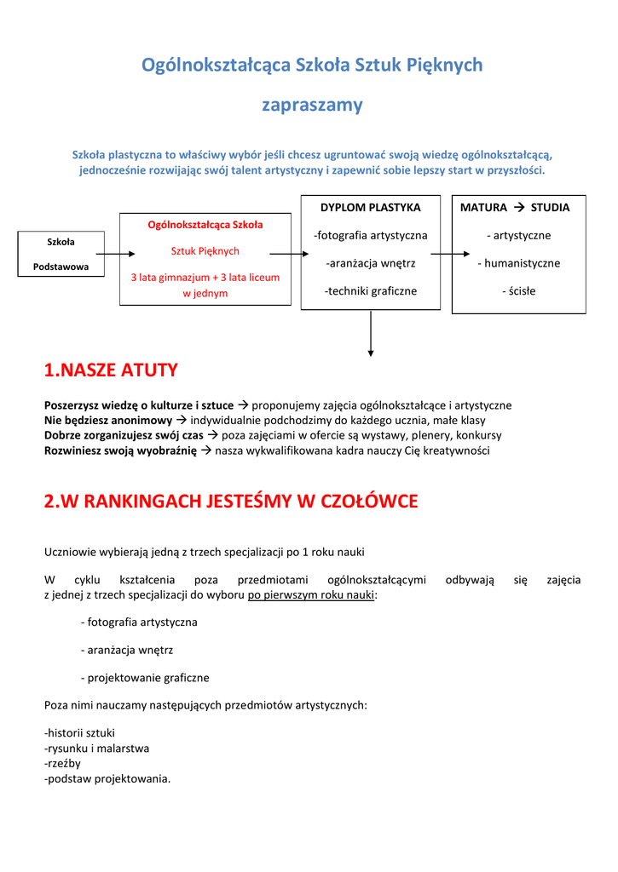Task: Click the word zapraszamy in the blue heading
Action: (311, 106)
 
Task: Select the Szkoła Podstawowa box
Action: (61, 254)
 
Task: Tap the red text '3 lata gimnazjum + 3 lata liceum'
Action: (205, 278)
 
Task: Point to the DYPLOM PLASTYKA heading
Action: (370, 207)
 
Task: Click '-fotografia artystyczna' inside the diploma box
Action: (370, 235)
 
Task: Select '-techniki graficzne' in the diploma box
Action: (370, 291)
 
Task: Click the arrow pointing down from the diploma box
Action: (371, 336)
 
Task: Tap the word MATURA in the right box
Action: (483, 207)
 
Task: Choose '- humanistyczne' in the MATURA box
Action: (518, 263)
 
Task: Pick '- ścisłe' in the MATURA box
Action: (518, 291)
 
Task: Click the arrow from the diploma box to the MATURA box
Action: (449, 254)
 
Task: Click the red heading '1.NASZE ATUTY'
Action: (111, 370)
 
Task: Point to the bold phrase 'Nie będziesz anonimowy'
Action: (108, 421)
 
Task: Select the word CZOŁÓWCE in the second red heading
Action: (368, 502)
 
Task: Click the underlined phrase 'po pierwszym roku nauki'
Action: (311, 595)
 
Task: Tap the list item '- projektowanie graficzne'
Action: (145, 678)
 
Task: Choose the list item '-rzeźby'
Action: (62, 763)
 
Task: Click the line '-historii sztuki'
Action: (79, 732)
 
